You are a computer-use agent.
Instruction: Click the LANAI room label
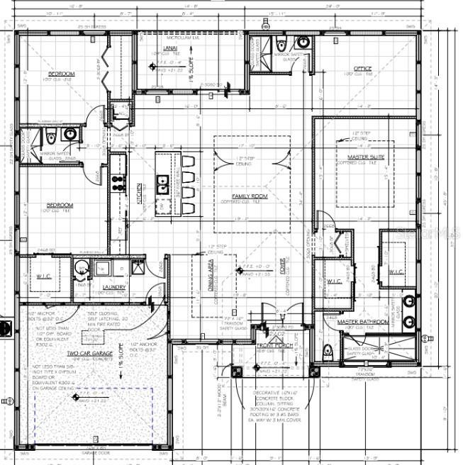tap(170, 48)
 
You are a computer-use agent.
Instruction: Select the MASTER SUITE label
tap(365, 157)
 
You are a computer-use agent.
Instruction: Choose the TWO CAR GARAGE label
tap(90, 352)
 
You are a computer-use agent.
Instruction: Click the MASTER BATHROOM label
tap(362, 322)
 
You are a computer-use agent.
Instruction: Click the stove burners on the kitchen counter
tap(118, 186)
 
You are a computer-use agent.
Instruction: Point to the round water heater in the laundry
tap(82, 268)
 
